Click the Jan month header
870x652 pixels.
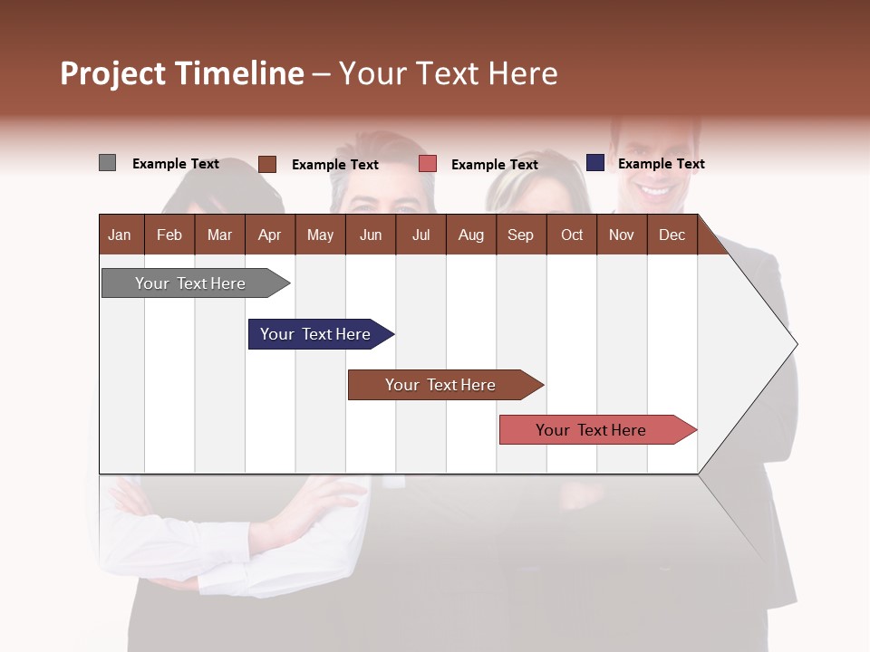click(x=120, y=235)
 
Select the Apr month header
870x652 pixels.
click(x=269, y=235)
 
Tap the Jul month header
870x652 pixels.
click(x=420, y=235)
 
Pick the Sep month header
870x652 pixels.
click(x=520, y=235)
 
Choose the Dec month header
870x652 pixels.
click(x=672, y=235)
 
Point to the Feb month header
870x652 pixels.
click(x=169, y=235)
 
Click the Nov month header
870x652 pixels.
click(x=621, y=235)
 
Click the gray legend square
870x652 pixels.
click(x=107, y=163)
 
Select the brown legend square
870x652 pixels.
click(x=266, y=164)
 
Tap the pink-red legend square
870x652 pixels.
click(x=428, y=164)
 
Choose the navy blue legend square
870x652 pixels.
click(x=594, y=163)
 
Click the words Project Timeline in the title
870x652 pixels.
click(x=182, y=73)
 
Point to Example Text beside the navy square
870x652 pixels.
click(x=661, y=164)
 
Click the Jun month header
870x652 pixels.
click(x=370, y=235)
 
